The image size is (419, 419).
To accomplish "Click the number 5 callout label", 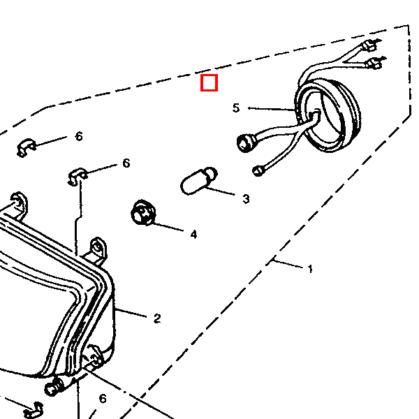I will pos(236,108).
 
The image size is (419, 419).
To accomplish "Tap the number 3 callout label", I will pos(246,199).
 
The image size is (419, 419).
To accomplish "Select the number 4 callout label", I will pos(193,234).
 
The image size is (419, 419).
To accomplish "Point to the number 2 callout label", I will pos(157,318).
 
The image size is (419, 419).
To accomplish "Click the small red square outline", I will pos(209,83).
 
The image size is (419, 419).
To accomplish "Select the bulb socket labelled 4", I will pos(142,212).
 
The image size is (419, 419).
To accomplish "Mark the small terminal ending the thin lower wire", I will pos(258,169).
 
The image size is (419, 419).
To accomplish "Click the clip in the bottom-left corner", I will pos(33,410).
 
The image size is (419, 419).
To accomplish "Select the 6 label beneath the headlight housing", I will pos(102,399).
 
